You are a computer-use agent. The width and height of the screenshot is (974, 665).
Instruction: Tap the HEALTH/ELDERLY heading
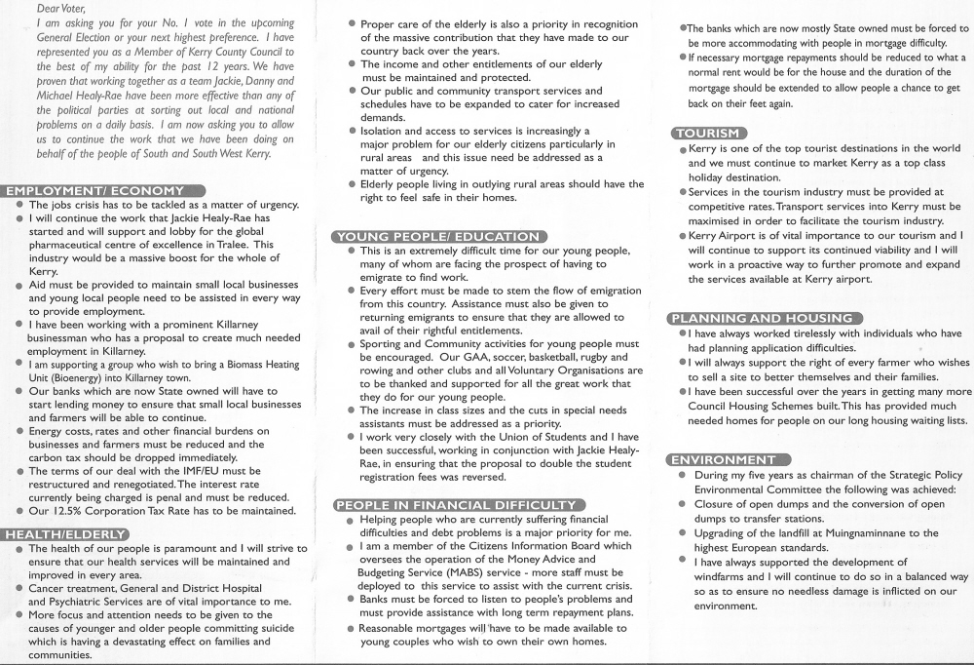click(x=65, y=534)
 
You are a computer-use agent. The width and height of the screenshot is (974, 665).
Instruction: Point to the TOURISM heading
click(x=709, y=133)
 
